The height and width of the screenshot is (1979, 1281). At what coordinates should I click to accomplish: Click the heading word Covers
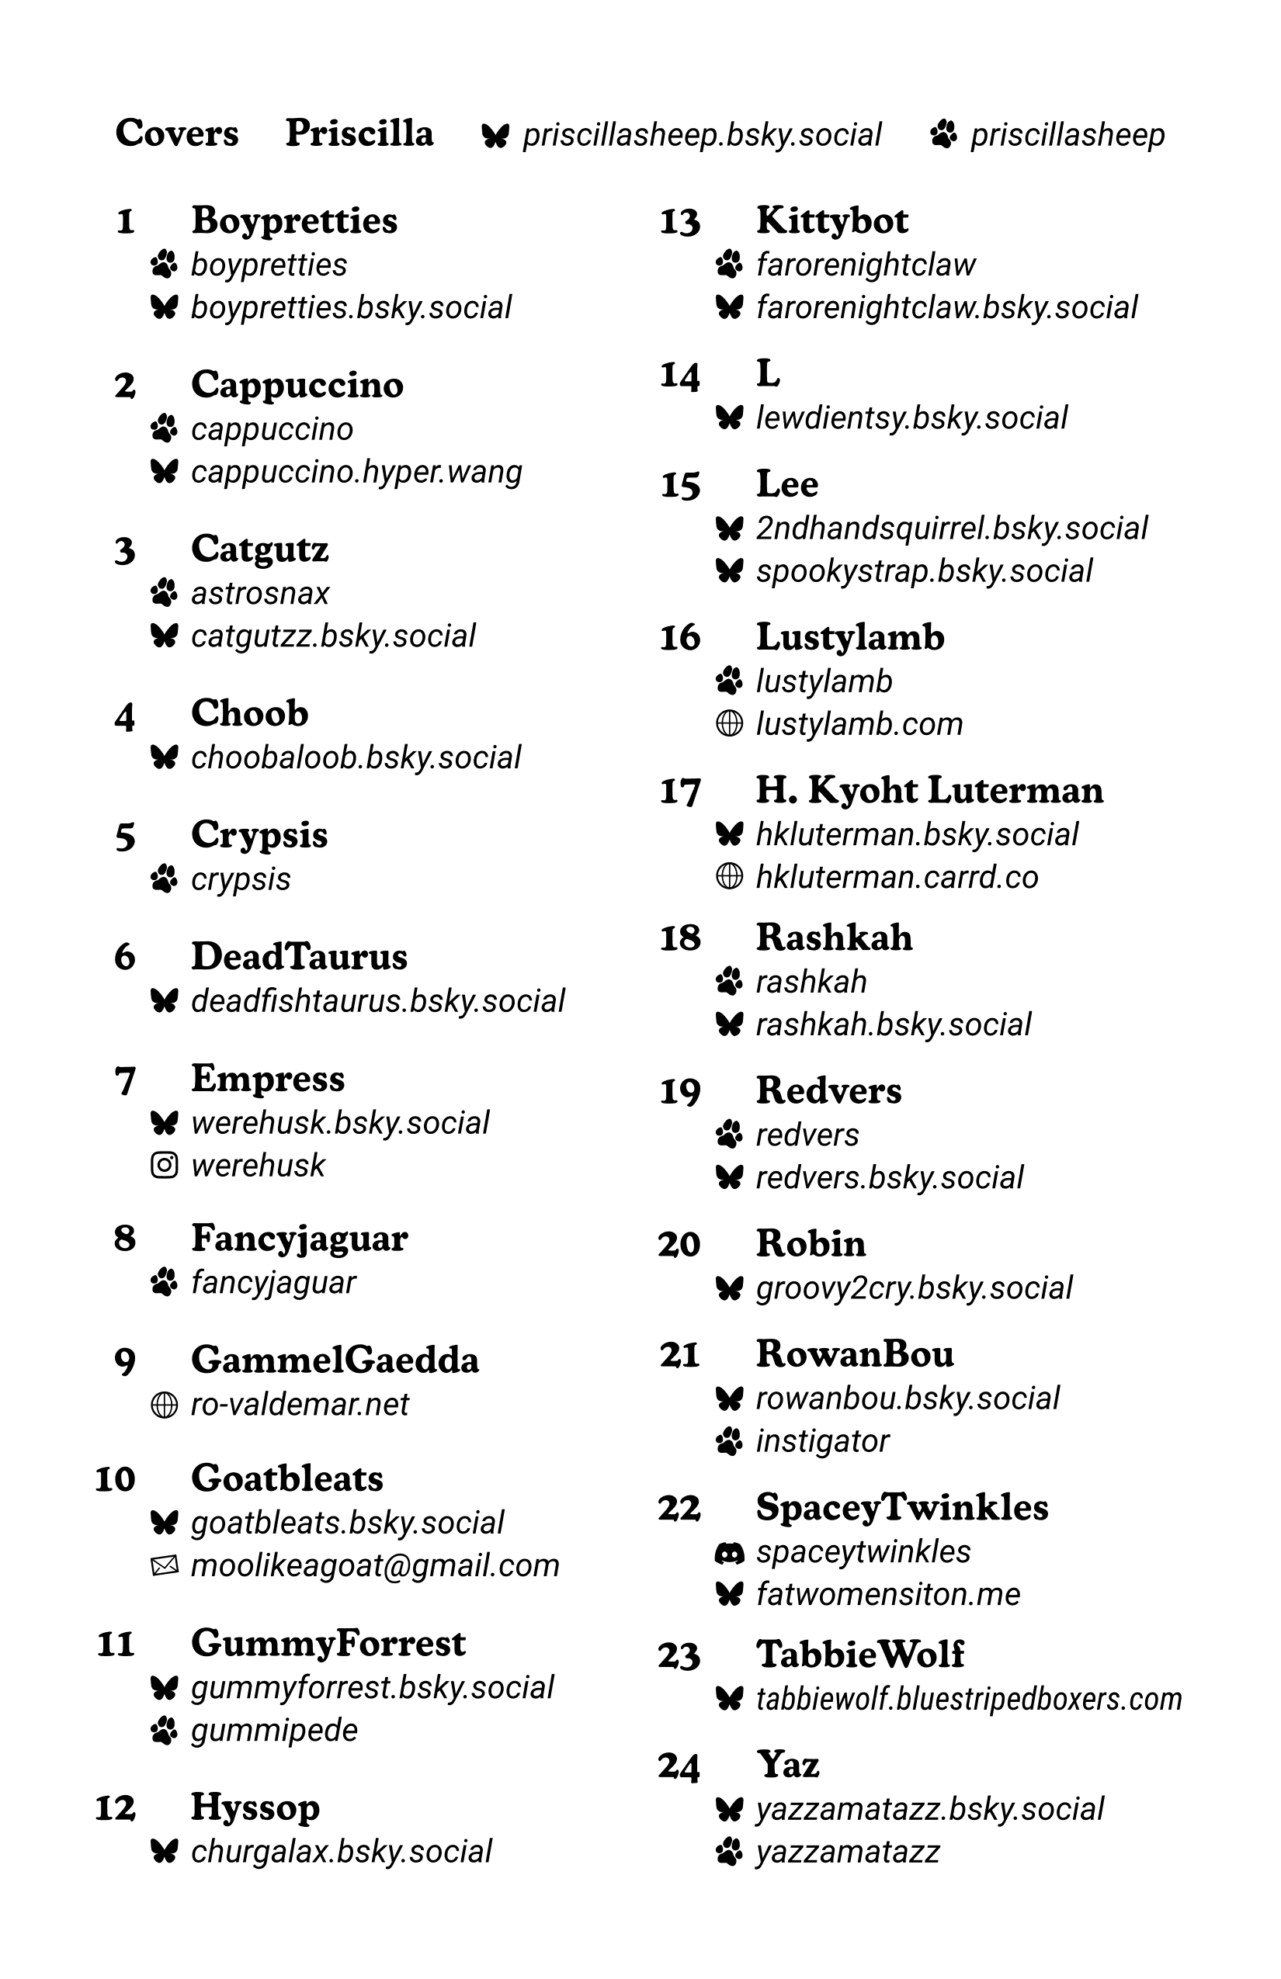tap(176, 133)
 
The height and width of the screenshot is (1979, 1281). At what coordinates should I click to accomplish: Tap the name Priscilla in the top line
tap(359, 133)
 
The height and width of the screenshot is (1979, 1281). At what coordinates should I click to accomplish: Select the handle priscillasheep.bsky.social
tap(701, 136)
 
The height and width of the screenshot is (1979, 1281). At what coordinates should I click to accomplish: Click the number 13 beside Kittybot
tap(679, 223)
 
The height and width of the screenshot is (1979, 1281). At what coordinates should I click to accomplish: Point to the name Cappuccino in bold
tap(297, 385)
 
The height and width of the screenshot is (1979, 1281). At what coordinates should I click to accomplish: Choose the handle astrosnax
tap(260, 594)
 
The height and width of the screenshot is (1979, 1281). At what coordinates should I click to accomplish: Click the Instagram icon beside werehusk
tap(165, 1166)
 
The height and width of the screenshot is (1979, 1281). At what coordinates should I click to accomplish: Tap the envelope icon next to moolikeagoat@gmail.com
tap(165, 1567)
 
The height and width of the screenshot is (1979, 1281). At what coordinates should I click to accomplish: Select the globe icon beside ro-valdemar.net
tap(165, 1405)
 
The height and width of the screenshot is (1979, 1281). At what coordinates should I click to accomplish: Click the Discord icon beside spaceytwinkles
tap(730, 1552)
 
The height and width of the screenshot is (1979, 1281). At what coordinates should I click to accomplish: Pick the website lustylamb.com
tap(859, 724)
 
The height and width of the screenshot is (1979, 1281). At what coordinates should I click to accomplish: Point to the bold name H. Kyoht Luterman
tap(929, 791)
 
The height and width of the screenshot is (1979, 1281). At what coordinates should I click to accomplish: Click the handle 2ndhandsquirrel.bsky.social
tap(952, 529)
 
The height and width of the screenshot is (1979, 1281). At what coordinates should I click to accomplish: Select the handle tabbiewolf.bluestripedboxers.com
tap(968, 1700)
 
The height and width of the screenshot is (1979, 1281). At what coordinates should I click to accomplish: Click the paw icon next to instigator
tap(730, 1442)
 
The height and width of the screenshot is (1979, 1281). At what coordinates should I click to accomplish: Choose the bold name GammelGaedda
tap(335, 1360)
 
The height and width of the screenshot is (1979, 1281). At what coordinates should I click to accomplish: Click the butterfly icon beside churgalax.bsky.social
tap(165, 1852)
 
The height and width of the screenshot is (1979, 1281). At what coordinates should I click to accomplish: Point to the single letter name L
tap(768, 374)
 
